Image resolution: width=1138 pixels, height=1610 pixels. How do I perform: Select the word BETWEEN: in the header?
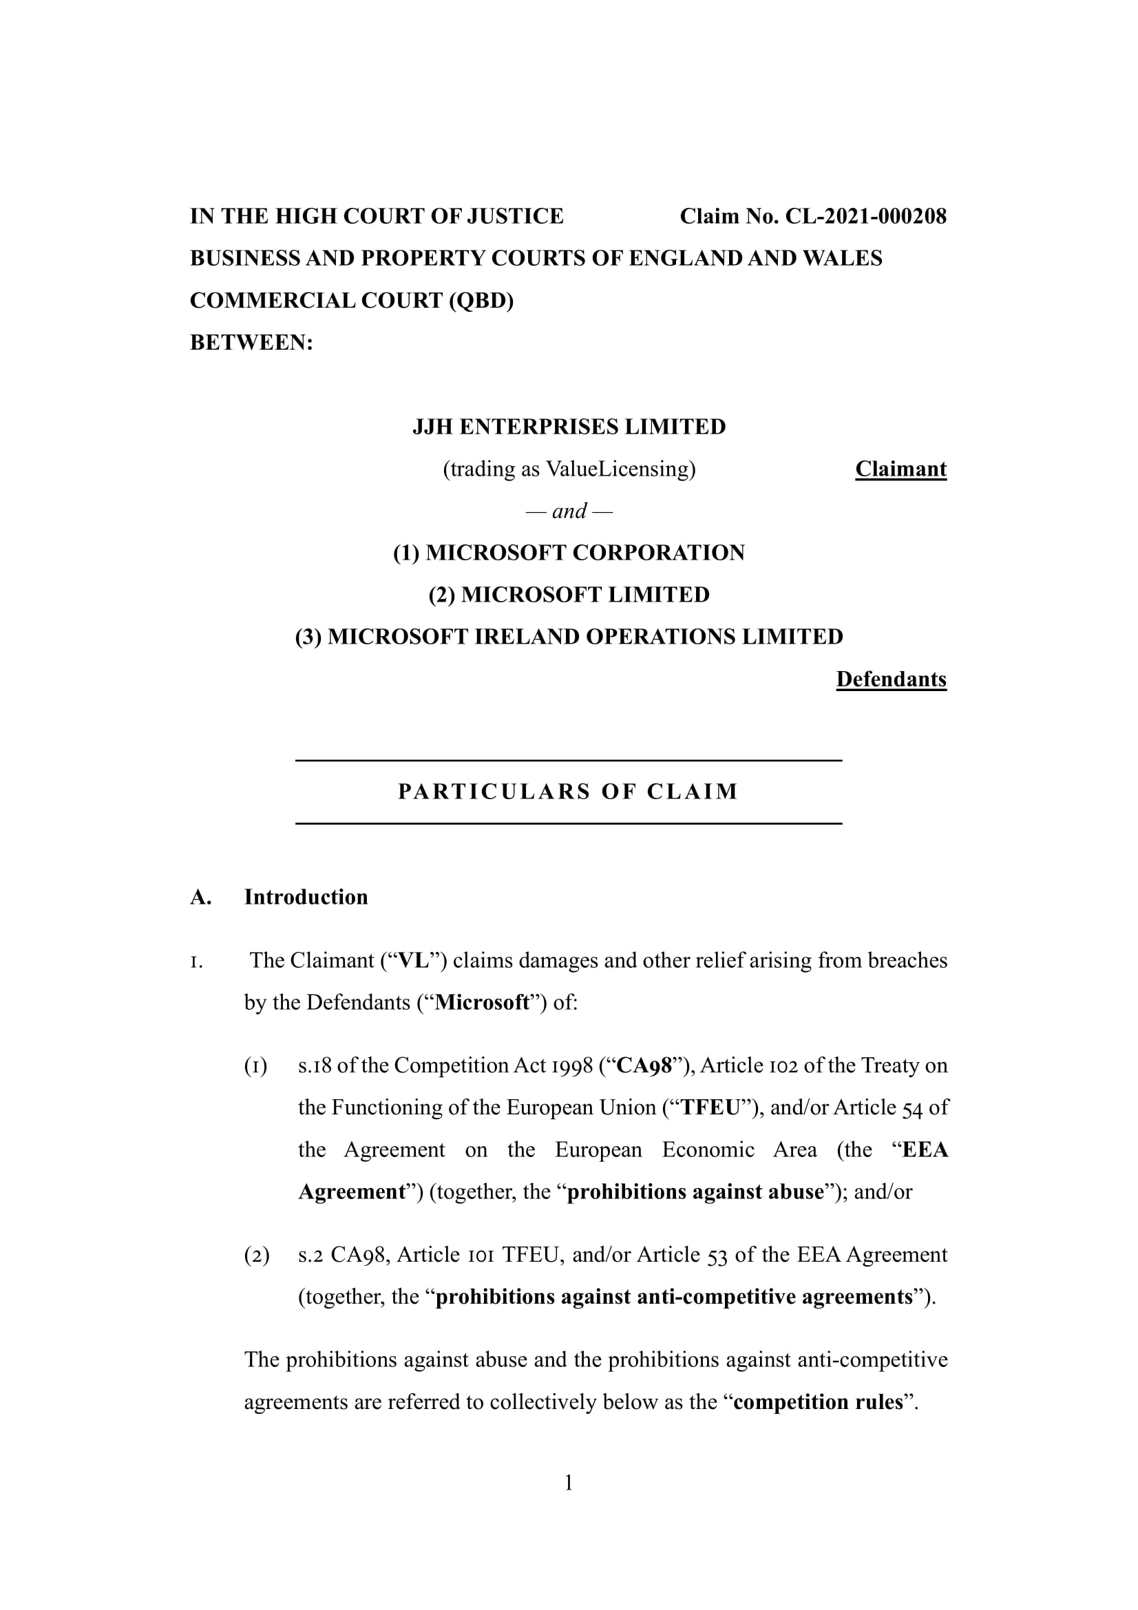(x=251, y=343)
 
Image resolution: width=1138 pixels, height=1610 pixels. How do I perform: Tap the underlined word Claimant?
(x=900, y=469)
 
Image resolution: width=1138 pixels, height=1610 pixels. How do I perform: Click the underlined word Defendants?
(x=890, y=679)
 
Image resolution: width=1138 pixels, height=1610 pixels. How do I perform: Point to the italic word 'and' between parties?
(x=569, y=511)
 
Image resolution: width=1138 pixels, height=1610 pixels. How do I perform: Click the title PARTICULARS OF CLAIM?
(x=568, y=792)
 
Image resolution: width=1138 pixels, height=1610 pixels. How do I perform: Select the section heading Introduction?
(x=306, y=897)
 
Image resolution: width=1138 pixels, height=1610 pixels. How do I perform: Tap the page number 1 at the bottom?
(x=569, y=1483)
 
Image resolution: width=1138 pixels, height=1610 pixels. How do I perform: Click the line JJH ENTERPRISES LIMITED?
(x=569, y=427)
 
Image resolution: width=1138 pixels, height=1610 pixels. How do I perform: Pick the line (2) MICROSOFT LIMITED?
(x=569, y=595)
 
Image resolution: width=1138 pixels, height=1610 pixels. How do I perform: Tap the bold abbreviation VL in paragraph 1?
(x=413, y=960)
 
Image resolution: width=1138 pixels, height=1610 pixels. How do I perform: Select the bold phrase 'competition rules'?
(x=818, y=1401)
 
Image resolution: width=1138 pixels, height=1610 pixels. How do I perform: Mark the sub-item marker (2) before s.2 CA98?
(x=257, y=1255)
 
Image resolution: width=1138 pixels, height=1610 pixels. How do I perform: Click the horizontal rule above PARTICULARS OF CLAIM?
(x=568, y=760)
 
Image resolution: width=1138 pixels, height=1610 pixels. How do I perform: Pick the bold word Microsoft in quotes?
(x=482, y=1002)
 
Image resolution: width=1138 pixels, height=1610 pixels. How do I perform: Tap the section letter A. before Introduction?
(x=200, y=897)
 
